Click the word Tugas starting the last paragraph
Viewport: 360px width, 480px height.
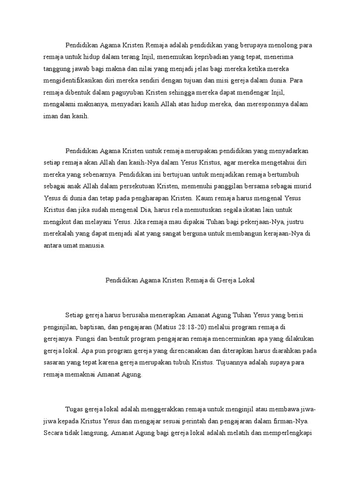[x=74, y=409]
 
